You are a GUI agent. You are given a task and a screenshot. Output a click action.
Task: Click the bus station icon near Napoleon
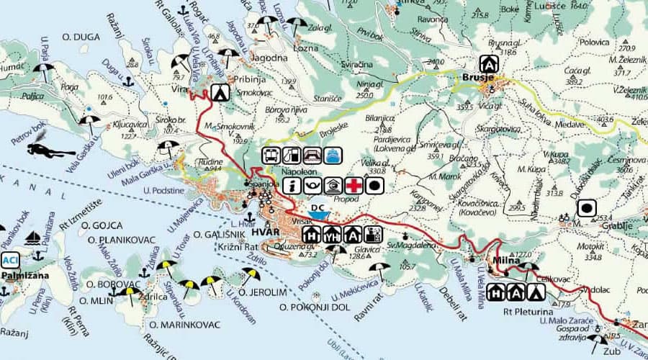271,156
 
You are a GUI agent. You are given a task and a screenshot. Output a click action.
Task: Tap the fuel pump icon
292,156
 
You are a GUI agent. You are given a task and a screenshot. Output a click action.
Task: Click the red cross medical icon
353,186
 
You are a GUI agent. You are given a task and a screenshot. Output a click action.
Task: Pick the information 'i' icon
292,186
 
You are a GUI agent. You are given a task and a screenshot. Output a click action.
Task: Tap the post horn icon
312,186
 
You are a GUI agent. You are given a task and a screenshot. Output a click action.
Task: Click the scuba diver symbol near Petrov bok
50,150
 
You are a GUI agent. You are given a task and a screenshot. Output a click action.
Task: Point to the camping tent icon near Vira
220,91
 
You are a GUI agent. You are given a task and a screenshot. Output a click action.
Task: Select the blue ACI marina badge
9,260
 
